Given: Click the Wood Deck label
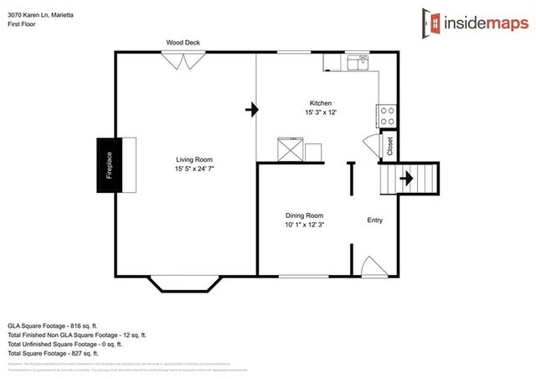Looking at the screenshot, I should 183,42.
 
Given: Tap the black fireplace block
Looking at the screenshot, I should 108,165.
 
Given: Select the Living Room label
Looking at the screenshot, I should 193,159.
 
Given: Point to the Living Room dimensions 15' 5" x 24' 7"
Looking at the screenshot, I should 193,169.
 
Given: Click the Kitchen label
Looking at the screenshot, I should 321,103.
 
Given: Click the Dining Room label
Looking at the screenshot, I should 304,215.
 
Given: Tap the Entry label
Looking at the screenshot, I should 375,221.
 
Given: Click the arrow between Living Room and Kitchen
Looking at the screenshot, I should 250,109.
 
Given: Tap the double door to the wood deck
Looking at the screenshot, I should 183,60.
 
